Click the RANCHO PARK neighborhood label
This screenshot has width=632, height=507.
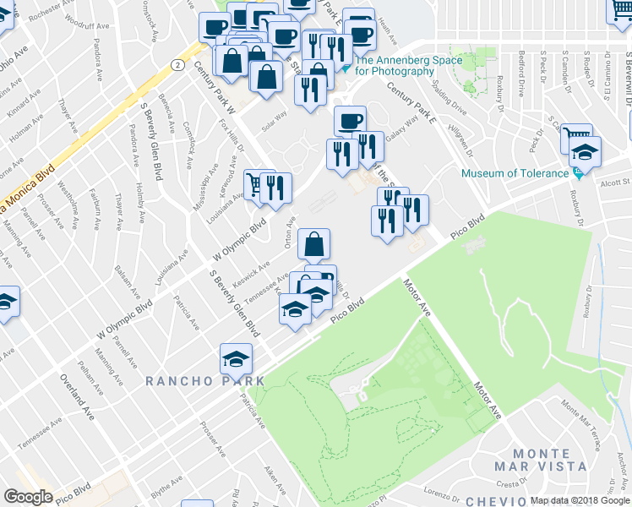tap(204, 381)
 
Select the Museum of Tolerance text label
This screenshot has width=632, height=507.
tap(515, 173)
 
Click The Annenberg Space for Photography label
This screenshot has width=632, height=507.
tap(408, 65)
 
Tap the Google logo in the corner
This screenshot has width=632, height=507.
tap(28, 496)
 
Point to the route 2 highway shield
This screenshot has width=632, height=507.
tap(177, 64)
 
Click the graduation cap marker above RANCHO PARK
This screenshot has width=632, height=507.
tap(237, 358)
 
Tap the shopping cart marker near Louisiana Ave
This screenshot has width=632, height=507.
tap(254, 183)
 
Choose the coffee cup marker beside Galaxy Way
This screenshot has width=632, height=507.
tap(350, 120)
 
